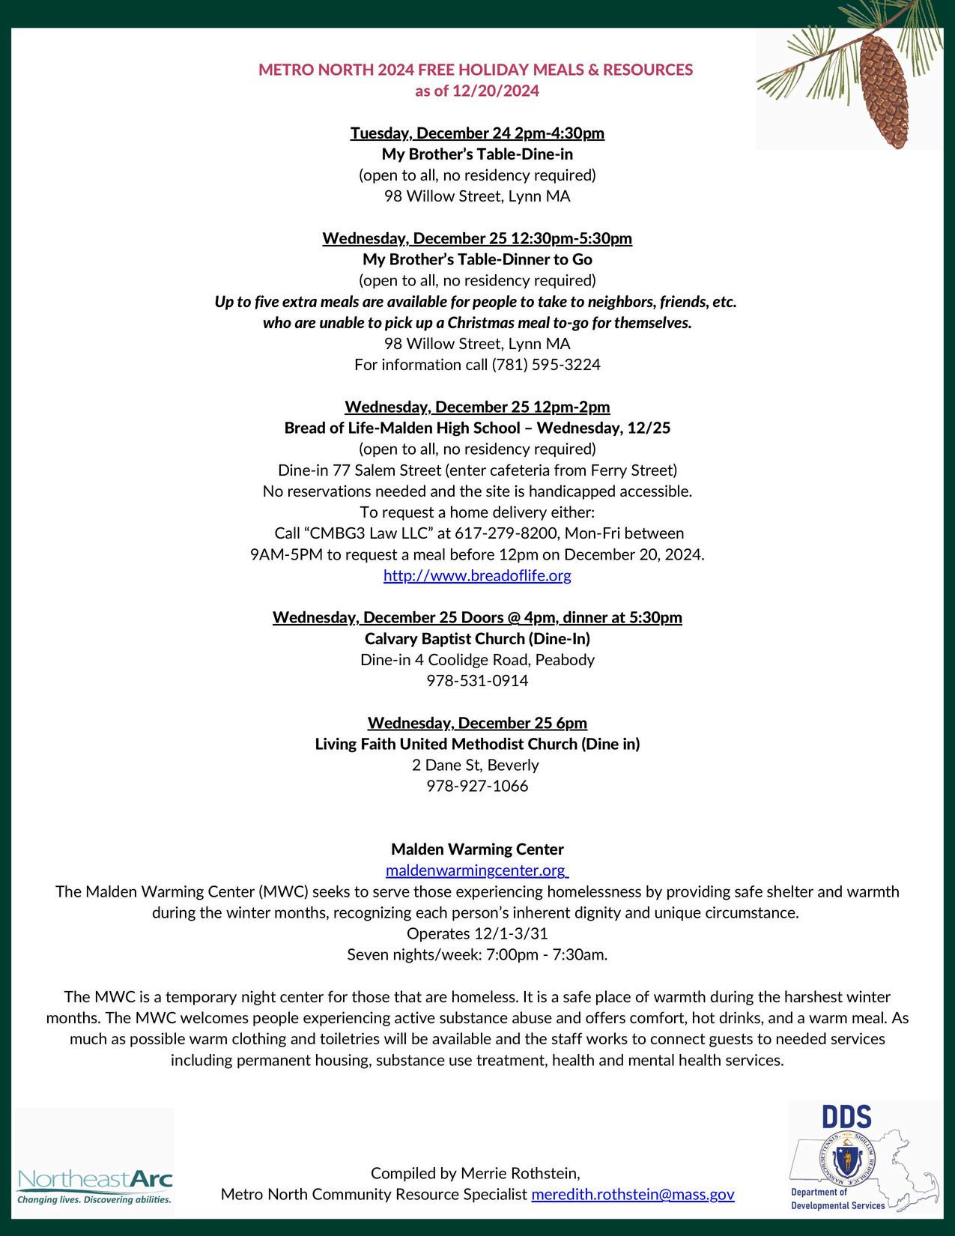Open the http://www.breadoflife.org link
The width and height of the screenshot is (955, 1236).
coord(477,575)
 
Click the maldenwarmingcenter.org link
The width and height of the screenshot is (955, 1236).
coord(476,870)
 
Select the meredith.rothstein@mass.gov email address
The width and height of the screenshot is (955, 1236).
coord(632,1194)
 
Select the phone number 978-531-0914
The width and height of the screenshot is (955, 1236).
coord(477,681)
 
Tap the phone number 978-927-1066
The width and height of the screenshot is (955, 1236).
coord(477,786)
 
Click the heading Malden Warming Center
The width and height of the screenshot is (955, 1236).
coord(477,849)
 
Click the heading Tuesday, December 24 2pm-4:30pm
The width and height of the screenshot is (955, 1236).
coord(477,133)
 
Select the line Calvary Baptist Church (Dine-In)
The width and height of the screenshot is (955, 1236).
coord(477,638)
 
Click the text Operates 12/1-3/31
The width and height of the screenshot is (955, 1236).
coord(477,933)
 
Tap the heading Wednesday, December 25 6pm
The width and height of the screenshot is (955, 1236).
coord(477,723)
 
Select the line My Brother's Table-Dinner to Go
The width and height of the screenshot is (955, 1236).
coord(477,259)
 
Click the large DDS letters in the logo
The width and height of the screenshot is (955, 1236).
coord(846,1117)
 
